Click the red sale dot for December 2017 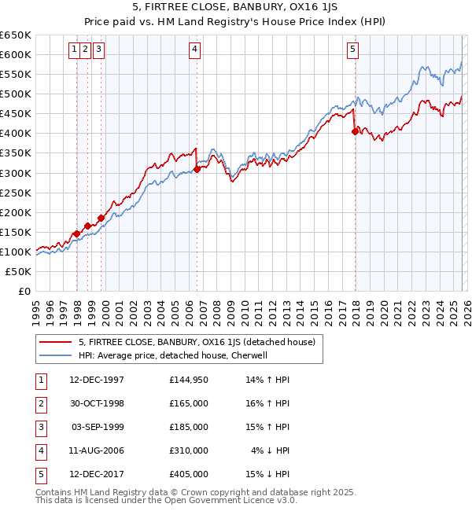[355, 132]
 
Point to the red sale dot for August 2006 [197, 169]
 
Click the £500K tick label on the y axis [16, 94]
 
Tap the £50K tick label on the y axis [18, 271]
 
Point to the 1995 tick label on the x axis [36, 309]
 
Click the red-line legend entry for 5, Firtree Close [197, 342]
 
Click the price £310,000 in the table [189, 450]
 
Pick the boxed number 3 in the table [39, 427]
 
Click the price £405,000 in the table [189, 474]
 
